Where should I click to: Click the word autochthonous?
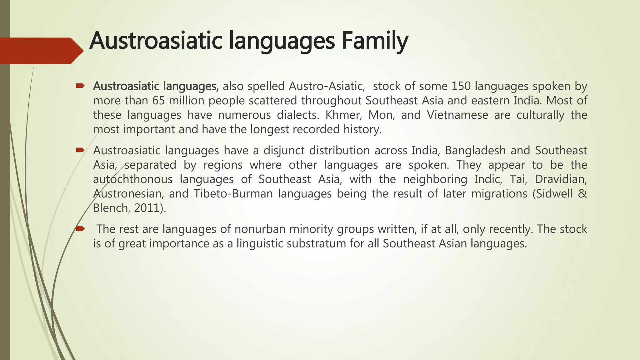click(x=133, y=179)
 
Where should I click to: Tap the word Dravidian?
click(x=561, y=179)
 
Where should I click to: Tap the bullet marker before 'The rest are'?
click(x=80, y=229)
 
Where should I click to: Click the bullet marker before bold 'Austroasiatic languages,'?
click(x=80, y=86)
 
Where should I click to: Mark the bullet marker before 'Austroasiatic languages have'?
click(x=80, y=150)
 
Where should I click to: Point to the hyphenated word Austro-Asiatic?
click(x=327, y=86)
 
